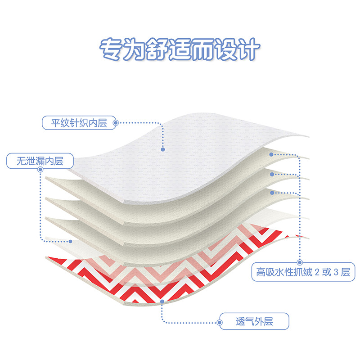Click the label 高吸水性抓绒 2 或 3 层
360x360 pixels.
pos(302,272)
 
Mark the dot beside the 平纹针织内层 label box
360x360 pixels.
pos(116,122)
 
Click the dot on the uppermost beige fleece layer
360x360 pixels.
pos(271,154)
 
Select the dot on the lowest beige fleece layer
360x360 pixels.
pos(271,192)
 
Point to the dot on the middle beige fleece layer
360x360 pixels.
pos(271,173)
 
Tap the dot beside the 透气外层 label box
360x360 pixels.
pos(220,322)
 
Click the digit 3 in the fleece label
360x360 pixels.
pos(336,272)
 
